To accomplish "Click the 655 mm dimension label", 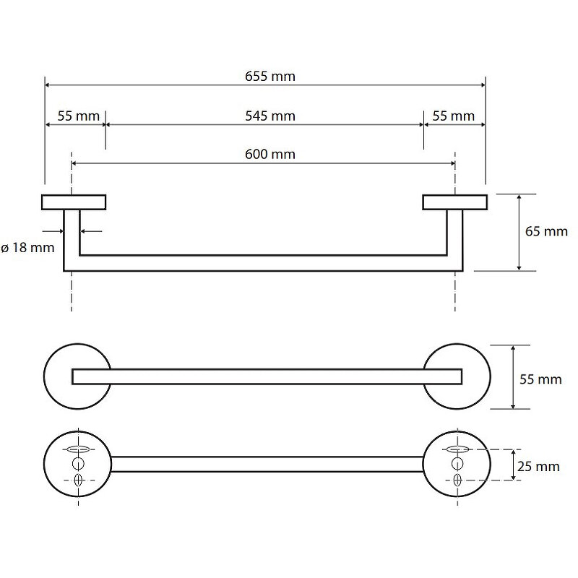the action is point(270,77).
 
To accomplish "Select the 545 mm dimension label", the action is point(270,116).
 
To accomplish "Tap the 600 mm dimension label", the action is point(270,154).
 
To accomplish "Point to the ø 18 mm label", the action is point(28,247).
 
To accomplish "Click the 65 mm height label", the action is point(546,231).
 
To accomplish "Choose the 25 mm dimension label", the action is point(538,466).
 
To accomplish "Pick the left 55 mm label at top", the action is point(79,116).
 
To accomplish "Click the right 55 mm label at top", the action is point(454,116).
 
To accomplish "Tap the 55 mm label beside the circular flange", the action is point(540,379).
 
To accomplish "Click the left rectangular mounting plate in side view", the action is point(74,202).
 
